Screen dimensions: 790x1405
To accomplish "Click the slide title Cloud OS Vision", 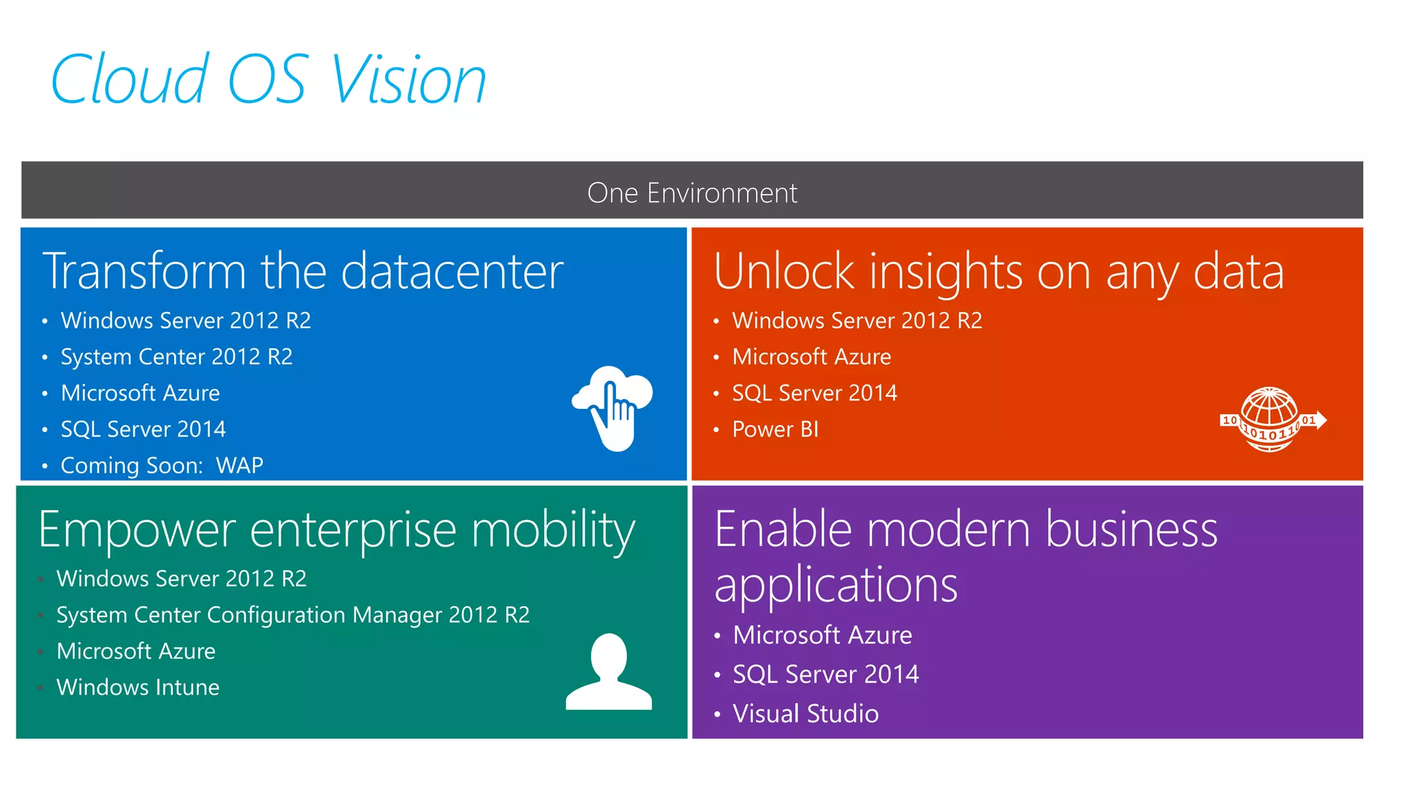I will tap(268, 80).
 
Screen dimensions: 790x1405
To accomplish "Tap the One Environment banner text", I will tap(692, 193).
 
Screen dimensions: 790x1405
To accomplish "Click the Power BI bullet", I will tap(775, 429).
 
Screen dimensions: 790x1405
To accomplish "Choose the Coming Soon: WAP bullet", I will tap(162, 466).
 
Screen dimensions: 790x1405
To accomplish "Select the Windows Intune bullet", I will tap(138, 687).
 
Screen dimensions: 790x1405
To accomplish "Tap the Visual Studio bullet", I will tap(805, 714).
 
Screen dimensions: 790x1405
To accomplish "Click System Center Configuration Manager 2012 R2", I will tap(293, 615).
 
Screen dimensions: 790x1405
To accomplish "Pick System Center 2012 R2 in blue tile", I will tap(176, 357).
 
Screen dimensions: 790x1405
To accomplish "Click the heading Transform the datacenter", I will tap(303, 272).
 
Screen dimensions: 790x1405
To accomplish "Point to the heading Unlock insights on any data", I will tap(998, 272).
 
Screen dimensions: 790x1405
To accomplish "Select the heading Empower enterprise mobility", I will tap(337, 530).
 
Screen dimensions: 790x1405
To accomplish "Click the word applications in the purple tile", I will tap(836, 585).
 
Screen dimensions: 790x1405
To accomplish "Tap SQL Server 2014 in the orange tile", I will tap(814, 393).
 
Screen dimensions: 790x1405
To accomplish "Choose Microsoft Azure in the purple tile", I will tap(822, 635).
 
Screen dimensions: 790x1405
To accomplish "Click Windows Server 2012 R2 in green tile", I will tap(181, 579).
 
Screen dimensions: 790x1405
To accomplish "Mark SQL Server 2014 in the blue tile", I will tap(143, 429).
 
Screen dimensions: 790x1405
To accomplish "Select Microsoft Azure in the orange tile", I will tap(812, 357).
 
